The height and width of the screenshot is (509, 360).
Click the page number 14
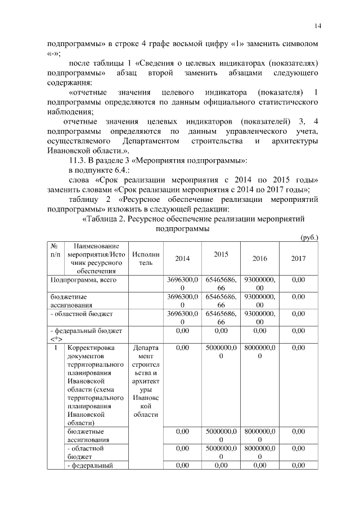(318, 26)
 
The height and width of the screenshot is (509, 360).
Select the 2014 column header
(182, 258)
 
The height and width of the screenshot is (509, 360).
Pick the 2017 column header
(299, 258)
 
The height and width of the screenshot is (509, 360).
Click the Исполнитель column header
(146, 258)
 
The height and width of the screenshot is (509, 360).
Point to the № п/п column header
(55, 250)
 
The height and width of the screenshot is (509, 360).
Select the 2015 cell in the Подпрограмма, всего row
(220, 283)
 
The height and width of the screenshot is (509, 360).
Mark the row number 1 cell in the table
(55, 348)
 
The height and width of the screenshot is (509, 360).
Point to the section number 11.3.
(78, 161)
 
